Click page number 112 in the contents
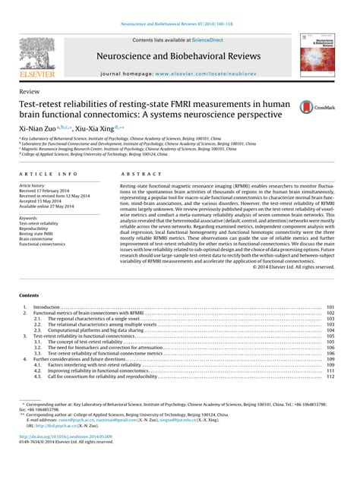tap(330, 377)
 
